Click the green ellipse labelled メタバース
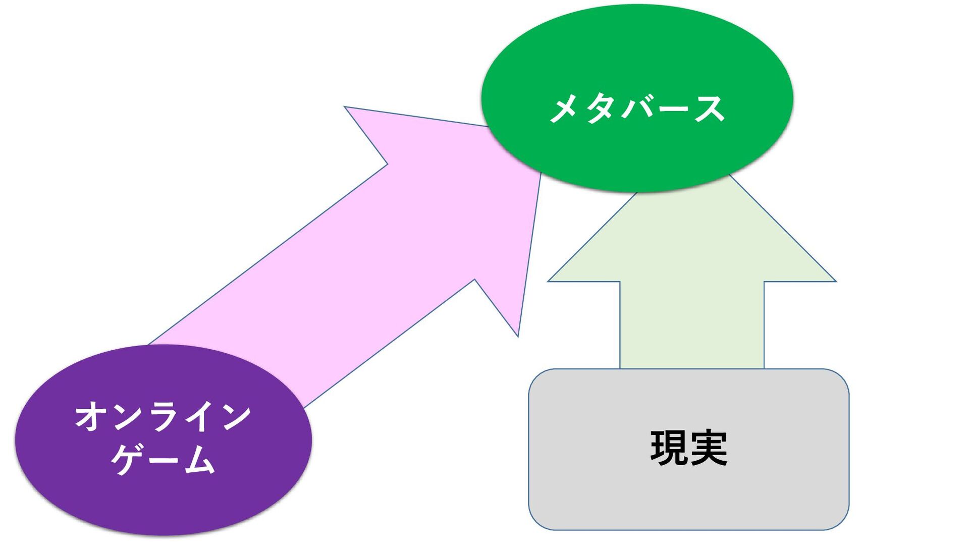coord(637,61)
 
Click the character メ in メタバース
coord(564,109)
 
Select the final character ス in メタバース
coord(710,109)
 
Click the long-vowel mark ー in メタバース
coord(672,109)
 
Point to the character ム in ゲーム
coord(200,459)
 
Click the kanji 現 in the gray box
coord(669,447)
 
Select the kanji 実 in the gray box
coord(709,447)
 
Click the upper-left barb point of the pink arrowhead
coord(345,107)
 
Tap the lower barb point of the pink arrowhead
coord(518,336)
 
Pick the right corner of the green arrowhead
coord(835,281)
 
